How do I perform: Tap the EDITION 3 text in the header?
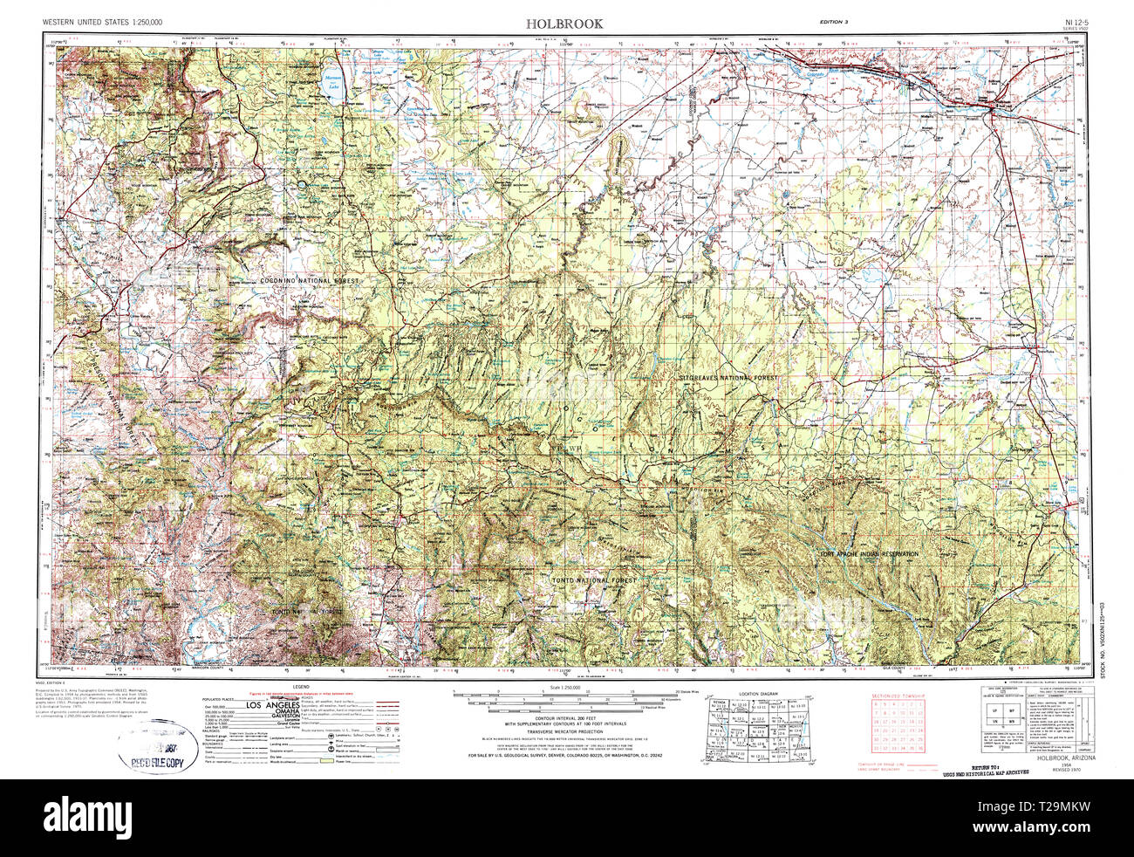coord(834,21)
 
